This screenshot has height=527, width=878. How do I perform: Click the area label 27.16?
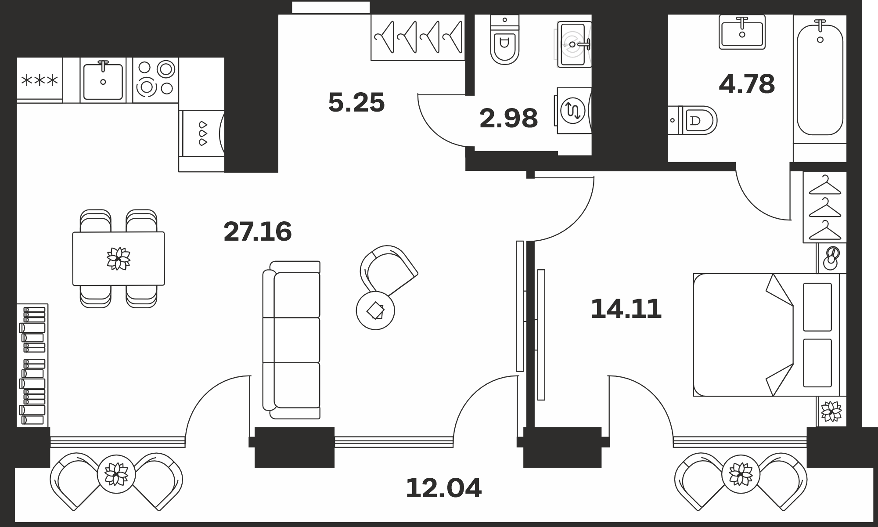(258, 232)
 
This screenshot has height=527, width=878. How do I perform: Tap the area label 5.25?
(356, 103)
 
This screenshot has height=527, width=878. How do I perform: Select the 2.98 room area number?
(509, 119)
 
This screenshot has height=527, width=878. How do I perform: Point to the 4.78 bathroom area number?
(747, 84)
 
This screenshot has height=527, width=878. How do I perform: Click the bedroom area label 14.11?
(626, 309)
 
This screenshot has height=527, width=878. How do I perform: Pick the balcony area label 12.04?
(444, 488)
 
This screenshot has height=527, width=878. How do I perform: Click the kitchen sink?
(103, 80)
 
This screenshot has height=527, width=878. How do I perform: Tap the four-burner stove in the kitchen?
(155, 80)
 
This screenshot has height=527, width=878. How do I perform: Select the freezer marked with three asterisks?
(40, 80)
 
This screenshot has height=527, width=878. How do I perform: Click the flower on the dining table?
(119, 259)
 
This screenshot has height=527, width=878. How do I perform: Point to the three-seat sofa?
(291, 340)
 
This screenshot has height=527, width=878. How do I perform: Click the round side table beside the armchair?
(375, 311)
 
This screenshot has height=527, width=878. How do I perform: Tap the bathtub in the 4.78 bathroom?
(820, 79)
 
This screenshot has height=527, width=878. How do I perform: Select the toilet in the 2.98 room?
(505, 40)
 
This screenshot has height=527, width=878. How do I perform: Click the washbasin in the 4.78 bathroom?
(742, 32)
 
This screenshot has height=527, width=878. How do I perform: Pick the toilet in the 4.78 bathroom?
(692, 120)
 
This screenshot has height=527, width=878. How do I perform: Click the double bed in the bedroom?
(766, 335)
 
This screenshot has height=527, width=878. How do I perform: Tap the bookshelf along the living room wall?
(32, 365)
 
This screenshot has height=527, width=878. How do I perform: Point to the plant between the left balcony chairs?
(116, 473)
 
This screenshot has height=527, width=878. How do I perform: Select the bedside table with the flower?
(831, 411)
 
